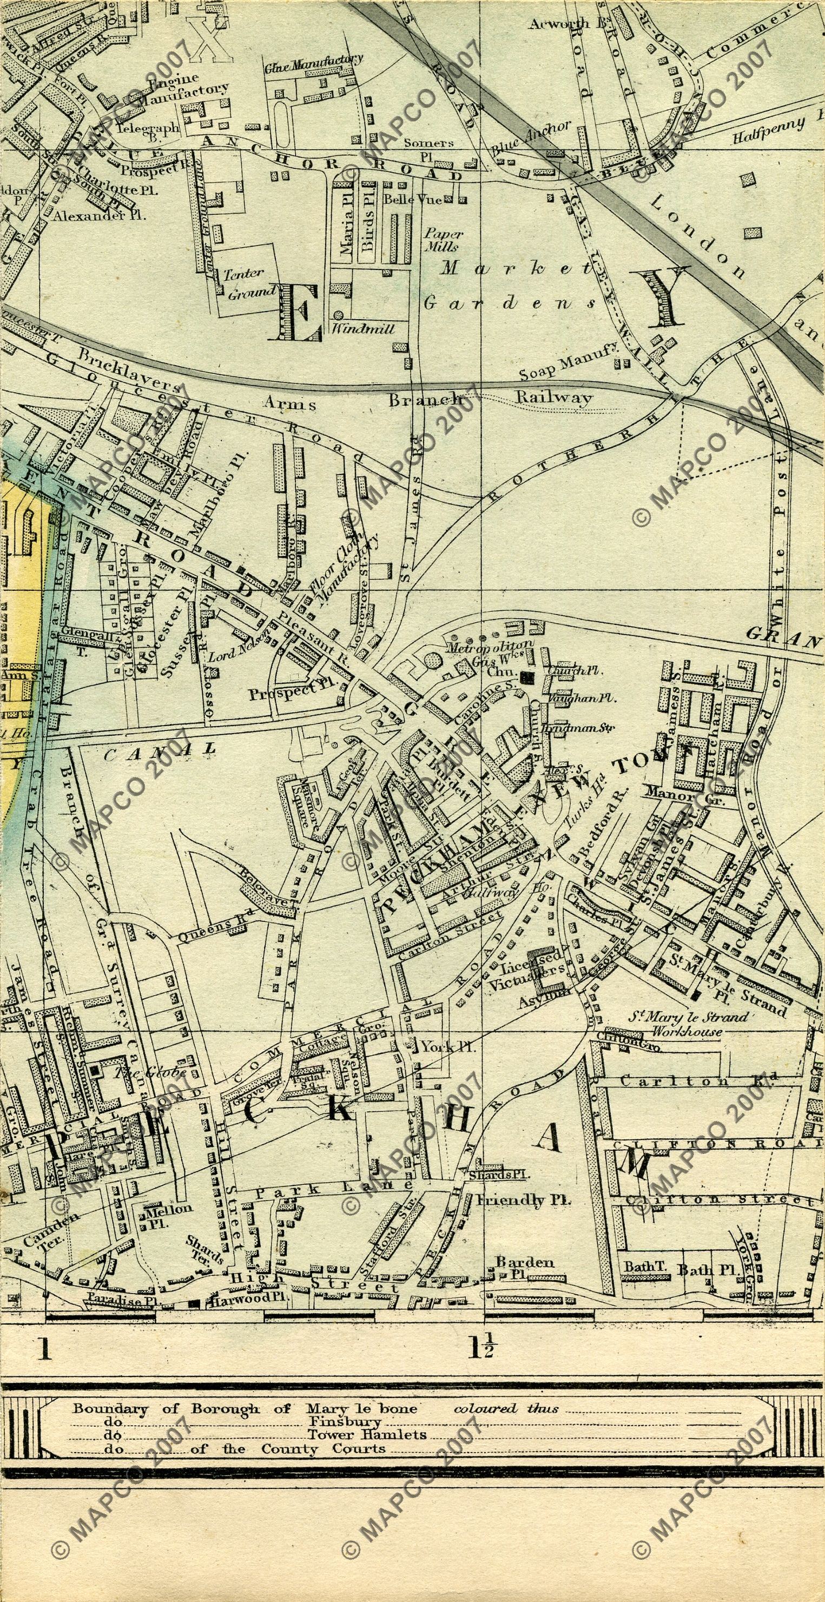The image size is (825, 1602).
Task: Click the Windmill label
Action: click(363, 328)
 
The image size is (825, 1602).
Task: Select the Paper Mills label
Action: click(443, 240)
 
